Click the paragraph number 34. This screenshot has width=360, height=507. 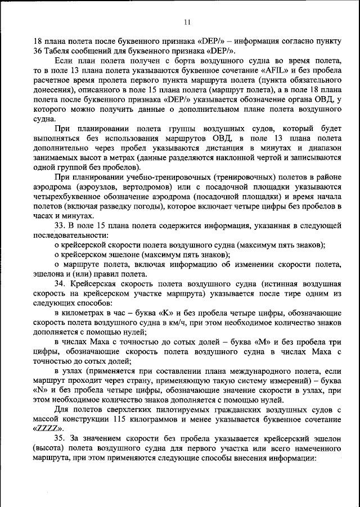[60, 284]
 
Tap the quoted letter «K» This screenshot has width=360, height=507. [168, 313]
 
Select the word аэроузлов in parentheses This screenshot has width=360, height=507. [96, 187]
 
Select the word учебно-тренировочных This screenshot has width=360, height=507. [148, 177]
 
